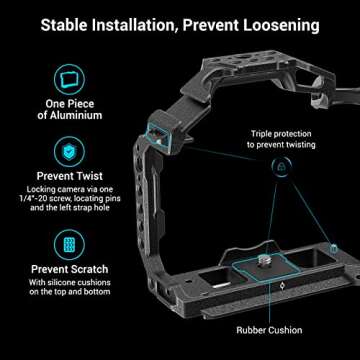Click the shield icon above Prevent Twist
tap(69, 151)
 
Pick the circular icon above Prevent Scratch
tap(69, 245)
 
